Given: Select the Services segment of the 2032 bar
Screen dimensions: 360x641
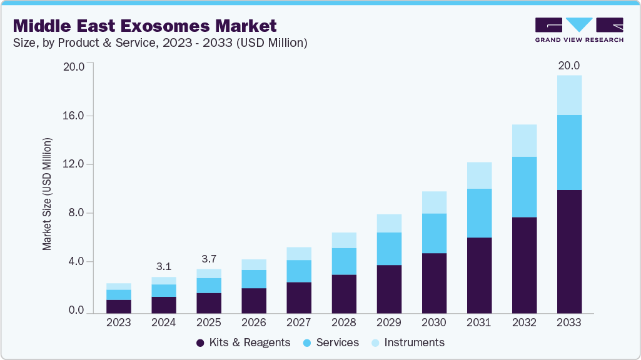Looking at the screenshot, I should coord(524,187).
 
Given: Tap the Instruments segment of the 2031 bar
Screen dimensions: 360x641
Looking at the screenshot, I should coord(479,176).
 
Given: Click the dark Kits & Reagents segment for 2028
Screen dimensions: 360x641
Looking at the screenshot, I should coord(344,294).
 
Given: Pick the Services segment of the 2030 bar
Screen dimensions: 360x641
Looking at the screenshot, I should coord(434,233).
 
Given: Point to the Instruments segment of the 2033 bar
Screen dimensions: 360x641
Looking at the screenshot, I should coord(569,95).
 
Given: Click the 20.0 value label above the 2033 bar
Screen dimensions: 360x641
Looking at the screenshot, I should coord(569,66).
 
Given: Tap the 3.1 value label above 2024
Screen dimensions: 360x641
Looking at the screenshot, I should coord(164,266).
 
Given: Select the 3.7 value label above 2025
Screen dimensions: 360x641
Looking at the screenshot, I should coord(209,259).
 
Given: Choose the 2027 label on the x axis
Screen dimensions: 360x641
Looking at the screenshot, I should coord(299,323).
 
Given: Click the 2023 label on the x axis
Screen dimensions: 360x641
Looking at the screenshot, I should coord(119,323).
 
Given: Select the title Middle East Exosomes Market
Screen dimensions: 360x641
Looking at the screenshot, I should coord(144,26).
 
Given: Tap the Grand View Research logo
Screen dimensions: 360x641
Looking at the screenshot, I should coord(578,29).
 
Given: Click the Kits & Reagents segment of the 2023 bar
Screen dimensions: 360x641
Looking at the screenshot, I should coord(119,306).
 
